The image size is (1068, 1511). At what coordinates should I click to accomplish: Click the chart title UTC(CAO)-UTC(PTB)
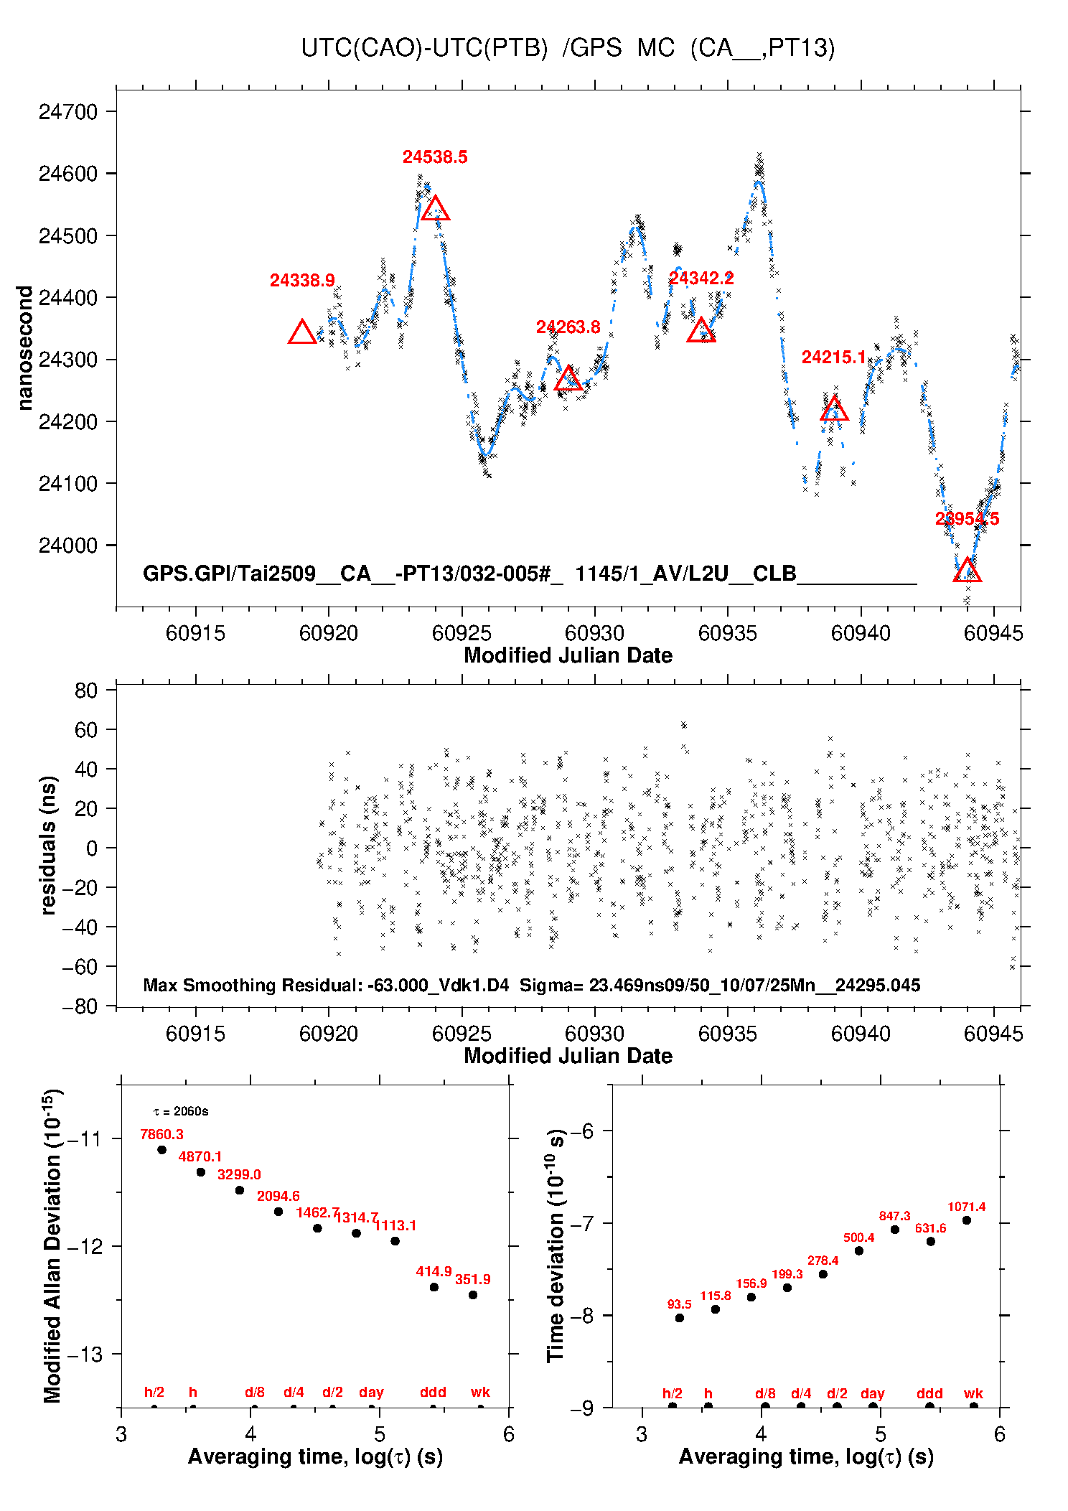pyautogui.click(x=424, y=48)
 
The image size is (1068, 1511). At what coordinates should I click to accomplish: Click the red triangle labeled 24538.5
pyautogui.click(x=435, y=209)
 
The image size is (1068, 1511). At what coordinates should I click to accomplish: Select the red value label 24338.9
pyautogui.click(x=302, y=281)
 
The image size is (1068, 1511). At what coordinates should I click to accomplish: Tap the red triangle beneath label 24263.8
pyautogui.click(x=568, y=379)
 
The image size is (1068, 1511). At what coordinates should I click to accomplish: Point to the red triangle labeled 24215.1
pyautogui.click(x=834, y=409)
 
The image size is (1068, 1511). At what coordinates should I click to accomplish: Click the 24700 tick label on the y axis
pyautogui.click(x=68, y=112)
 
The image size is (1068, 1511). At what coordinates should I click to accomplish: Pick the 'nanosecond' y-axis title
pyautogui.click(x=25, y=348)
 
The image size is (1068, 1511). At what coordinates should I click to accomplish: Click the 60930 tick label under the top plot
pyautogui.click(x=594, y=633)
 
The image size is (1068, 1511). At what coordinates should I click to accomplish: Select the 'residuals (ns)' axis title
pyautogui.click(x=48, y=845)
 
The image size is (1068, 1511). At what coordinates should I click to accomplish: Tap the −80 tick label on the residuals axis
pyautogui.click(x=80, y=1006)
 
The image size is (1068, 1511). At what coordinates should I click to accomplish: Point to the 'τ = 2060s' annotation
pyautogui.click(x=181, y=1112)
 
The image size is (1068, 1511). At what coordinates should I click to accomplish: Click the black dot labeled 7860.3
pyautogui.click(x=162, y=1150)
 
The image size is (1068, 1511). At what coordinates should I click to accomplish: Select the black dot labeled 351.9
pyautogui.click(x=473, y=1295)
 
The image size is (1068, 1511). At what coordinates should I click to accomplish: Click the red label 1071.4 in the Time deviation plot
pyautogui.click(x=966, y=1207)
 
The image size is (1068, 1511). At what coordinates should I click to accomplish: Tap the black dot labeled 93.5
pyautogui.click(x=680, y=1318)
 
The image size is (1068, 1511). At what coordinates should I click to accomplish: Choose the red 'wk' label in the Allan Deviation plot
pyautogui.click(x=480, y=1392)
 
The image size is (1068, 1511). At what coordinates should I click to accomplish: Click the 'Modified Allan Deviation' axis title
pyautogui.click(x=52, y=1245)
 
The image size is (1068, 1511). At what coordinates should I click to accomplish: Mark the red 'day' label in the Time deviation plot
pyautogui.click(x=872, y=1393)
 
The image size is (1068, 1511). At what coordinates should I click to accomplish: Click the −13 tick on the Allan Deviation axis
pyautogui.click(x=84, y=1355)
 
